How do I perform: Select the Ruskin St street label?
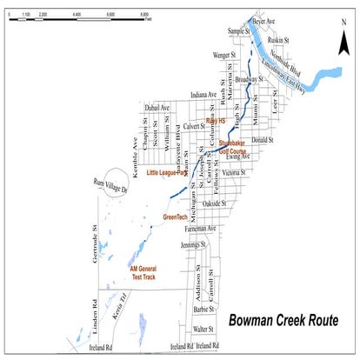coord(277,40)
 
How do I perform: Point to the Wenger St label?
coord(225,54)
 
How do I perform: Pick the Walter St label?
coord(204,330)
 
